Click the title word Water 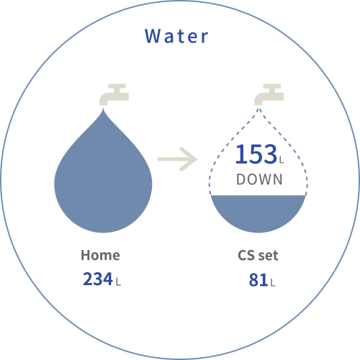(176, 36)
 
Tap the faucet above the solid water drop (114, 94)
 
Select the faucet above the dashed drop (269, 94)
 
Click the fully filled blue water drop (103, 178)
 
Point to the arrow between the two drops (177, 159)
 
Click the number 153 (256, 154)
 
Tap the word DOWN (259, 179)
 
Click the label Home (100, 255)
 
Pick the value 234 (98, 279)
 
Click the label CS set (258, 255)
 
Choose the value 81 (258, 280)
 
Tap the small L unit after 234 (118, 282)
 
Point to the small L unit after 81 (273, 283)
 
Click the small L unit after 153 (282, 160)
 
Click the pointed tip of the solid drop (104, 109)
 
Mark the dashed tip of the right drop (258, 109)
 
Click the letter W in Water (152, 36)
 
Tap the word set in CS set (269, 256)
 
